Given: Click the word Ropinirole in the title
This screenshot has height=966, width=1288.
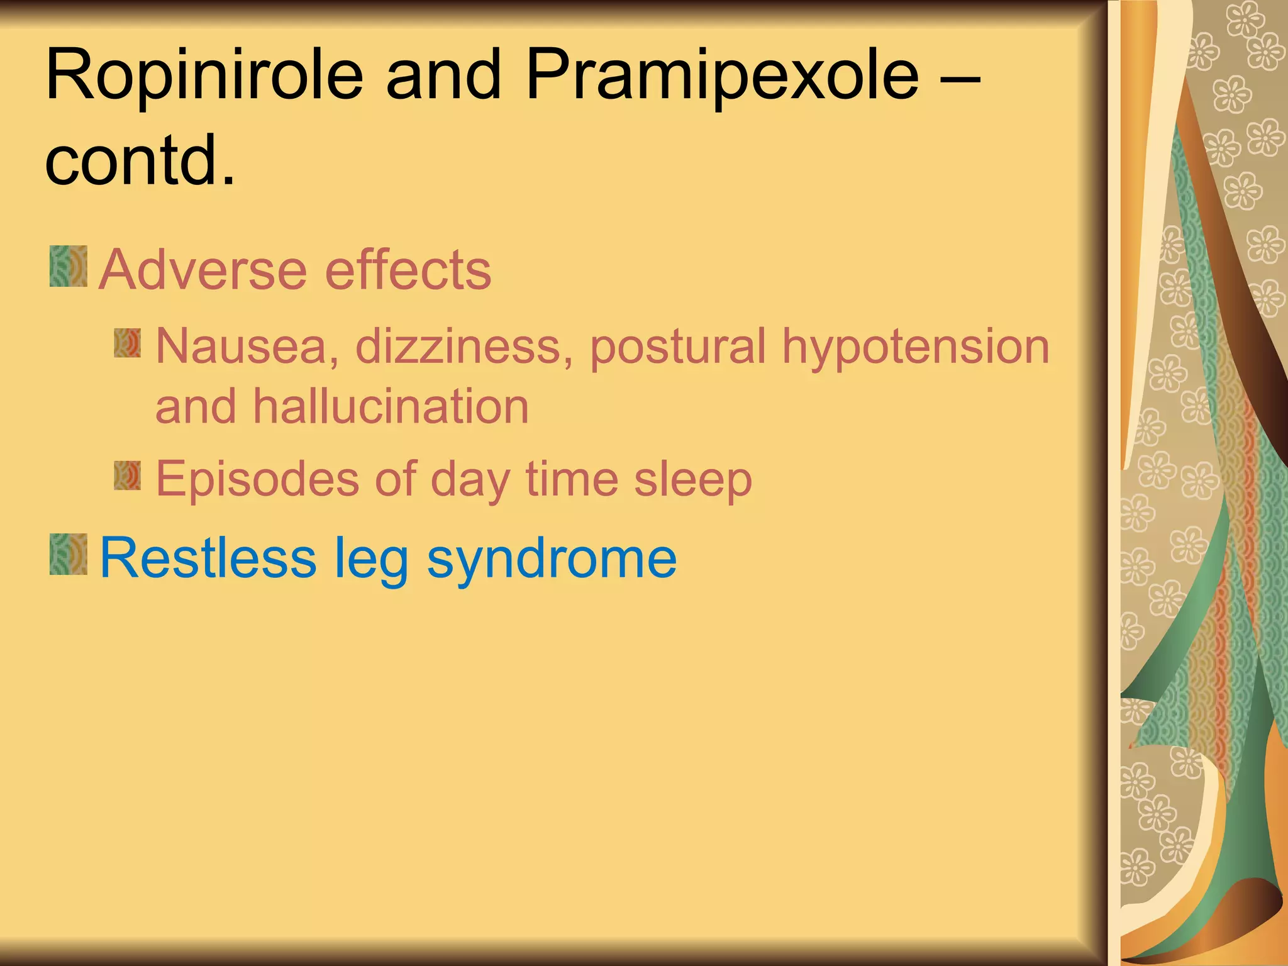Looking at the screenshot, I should click(x=204, y=75).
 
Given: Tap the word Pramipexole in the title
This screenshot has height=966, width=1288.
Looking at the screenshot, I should click(x=723, y=75).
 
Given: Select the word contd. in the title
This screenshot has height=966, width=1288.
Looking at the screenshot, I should click(x=140, y=161).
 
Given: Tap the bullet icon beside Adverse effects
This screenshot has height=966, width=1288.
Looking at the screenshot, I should click(x=69, y=267).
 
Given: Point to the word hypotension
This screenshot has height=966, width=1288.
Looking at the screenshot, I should click(x=916, y=347).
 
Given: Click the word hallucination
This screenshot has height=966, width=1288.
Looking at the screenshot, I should click(x=391, y=407).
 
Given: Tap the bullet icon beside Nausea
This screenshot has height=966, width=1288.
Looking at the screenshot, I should click(x=128, y=343).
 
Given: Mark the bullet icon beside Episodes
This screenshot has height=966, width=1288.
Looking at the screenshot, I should click(x=128, y=475).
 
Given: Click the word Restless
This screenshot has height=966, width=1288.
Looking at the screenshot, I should click(x=208, y=557).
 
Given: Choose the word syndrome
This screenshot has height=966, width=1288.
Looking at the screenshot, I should click(x=552, y=558).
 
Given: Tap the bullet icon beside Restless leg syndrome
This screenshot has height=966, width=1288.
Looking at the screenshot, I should click(x=69, y=554).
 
